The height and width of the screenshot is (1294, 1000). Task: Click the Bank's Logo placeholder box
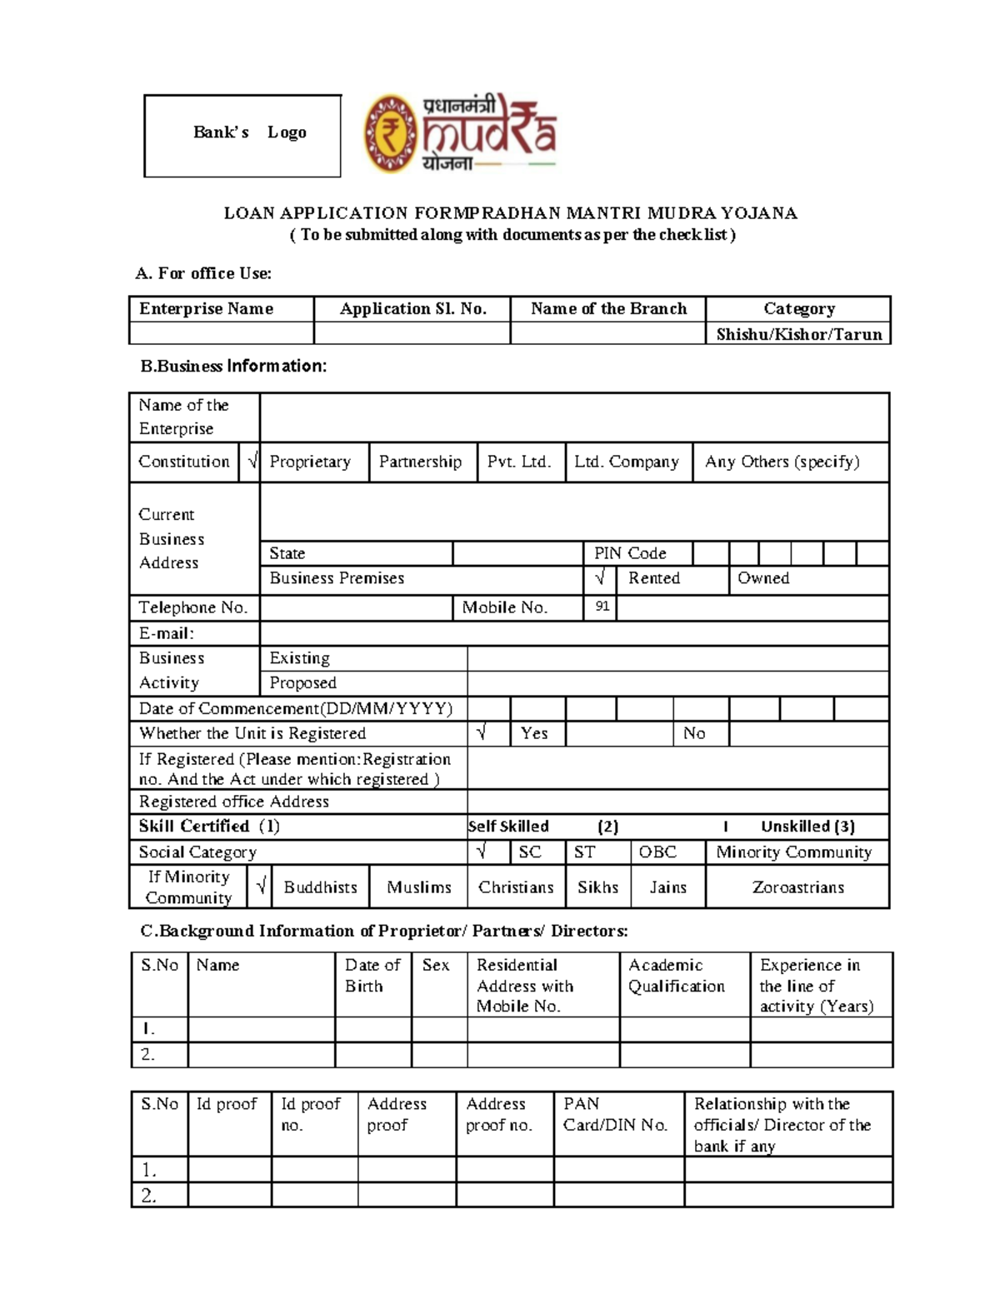tap(242, 135)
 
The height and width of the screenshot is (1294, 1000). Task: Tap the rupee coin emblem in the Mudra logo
tap(389, 133)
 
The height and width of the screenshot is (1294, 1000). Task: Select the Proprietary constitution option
tap(310, 462)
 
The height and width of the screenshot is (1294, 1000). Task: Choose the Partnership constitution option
tap(420, 462)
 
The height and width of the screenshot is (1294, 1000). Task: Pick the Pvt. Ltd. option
tap(519, 462)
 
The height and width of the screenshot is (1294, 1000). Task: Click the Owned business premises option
tap(763, 578)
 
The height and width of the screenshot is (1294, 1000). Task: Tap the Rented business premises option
tap(654, 578)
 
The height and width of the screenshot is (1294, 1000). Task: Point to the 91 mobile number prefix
tap(602, 607)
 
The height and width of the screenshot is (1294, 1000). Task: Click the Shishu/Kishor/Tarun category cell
tap(798, 334)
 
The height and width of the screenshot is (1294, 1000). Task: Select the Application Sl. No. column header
tap(412, 309)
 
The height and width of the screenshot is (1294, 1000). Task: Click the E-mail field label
tap(167, 633)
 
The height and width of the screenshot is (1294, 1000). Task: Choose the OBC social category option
tap(657, 852)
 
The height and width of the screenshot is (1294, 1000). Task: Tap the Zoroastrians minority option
tap(797, 887)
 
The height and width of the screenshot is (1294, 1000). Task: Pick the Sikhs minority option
tap(597, 887)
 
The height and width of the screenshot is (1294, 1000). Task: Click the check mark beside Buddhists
tap(261, 887)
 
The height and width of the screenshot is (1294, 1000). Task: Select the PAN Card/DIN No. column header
tap(615, 1114)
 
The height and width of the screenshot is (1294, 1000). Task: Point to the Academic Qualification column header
tap(676, 976)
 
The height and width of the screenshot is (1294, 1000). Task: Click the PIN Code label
tap(630, 553)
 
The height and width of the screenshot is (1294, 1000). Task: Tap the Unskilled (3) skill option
tap(807, 827)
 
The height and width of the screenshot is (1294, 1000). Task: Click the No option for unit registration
tap(694, 733)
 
